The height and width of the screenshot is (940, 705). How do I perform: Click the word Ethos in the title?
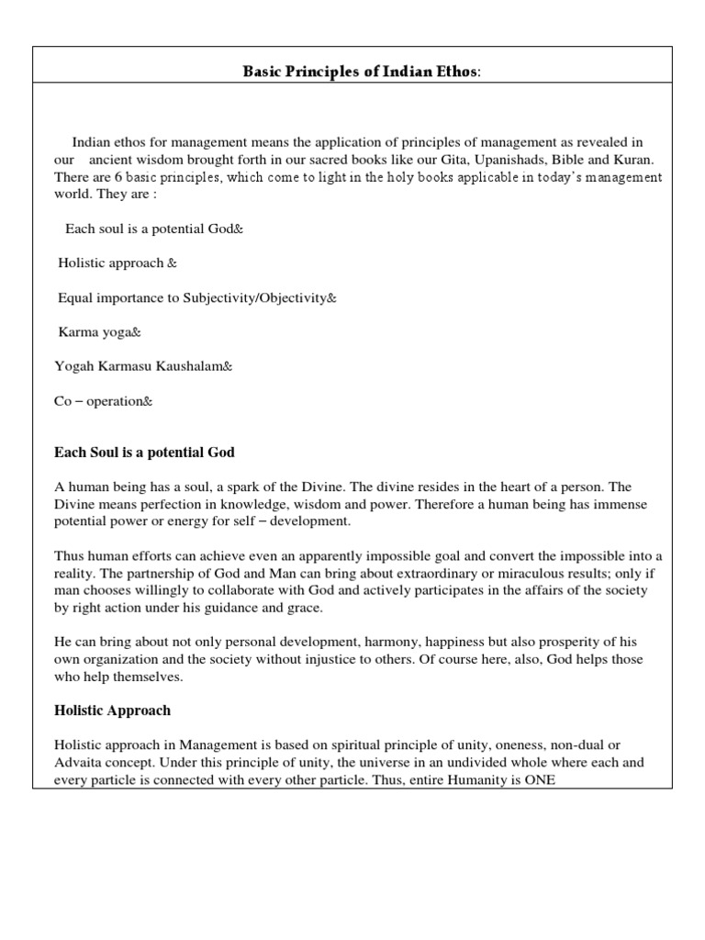[453, 71]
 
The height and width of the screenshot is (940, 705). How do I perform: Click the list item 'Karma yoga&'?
[100, 331]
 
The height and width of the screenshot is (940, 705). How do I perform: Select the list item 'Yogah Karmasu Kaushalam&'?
[144, 366]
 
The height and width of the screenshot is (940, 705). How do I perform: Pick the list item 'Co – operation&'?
[103, 401]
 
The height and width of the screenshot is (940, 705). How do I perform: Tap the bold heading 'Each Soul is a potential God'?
[145, 453]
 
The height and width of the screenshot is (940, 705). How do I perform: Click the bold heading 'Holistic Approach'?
[113, 711]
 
